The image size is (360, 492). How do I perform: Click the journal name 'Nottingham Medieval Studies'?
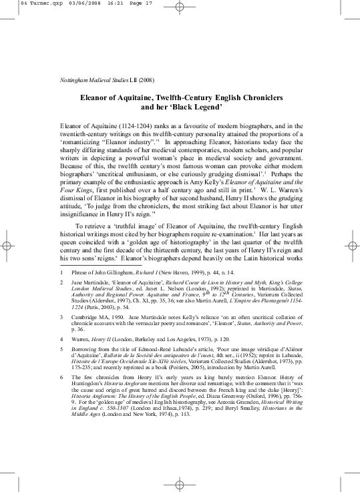pyautogui.click(x=92, y=81)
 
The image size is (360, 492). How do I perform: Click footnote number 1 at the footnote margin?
pyautogui.click(x=61, y=274)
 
